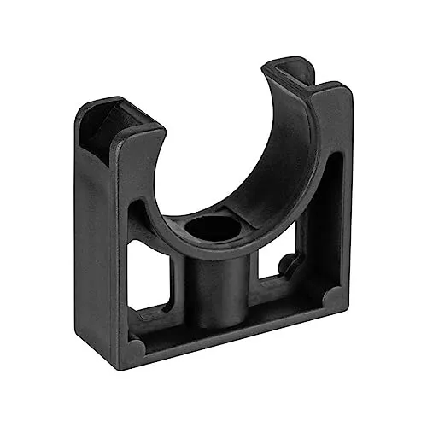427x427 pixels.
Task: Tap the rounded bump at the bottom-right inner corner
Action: [329, 296]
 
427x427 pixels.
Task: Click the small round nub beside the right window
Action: [289, 260]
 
